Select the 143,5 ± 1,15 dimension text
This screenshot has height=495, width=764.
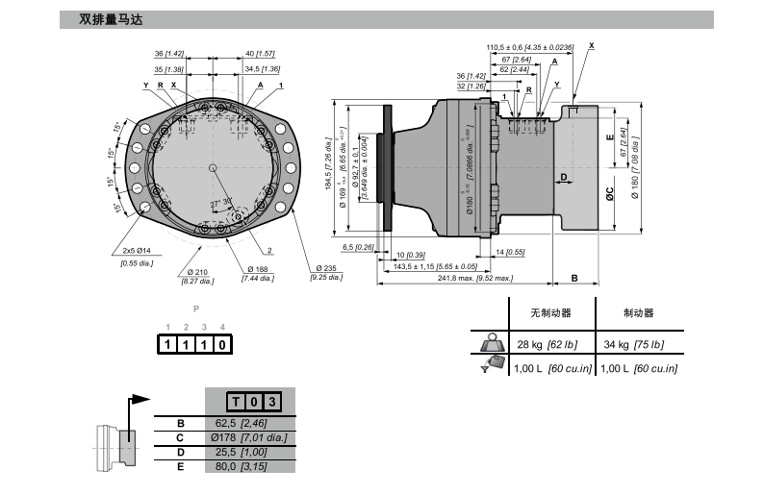click(x=436, y=266)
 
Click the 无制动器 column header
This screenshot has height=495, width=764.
click(x=550, y=313)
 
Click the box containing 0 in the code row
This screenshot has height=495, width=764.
click(x=222, y=343)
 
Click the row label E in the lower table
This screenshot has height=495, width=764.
click(x=180, y=466)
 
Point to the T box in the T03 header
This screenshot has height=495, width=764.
click(x=237, y=402)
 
